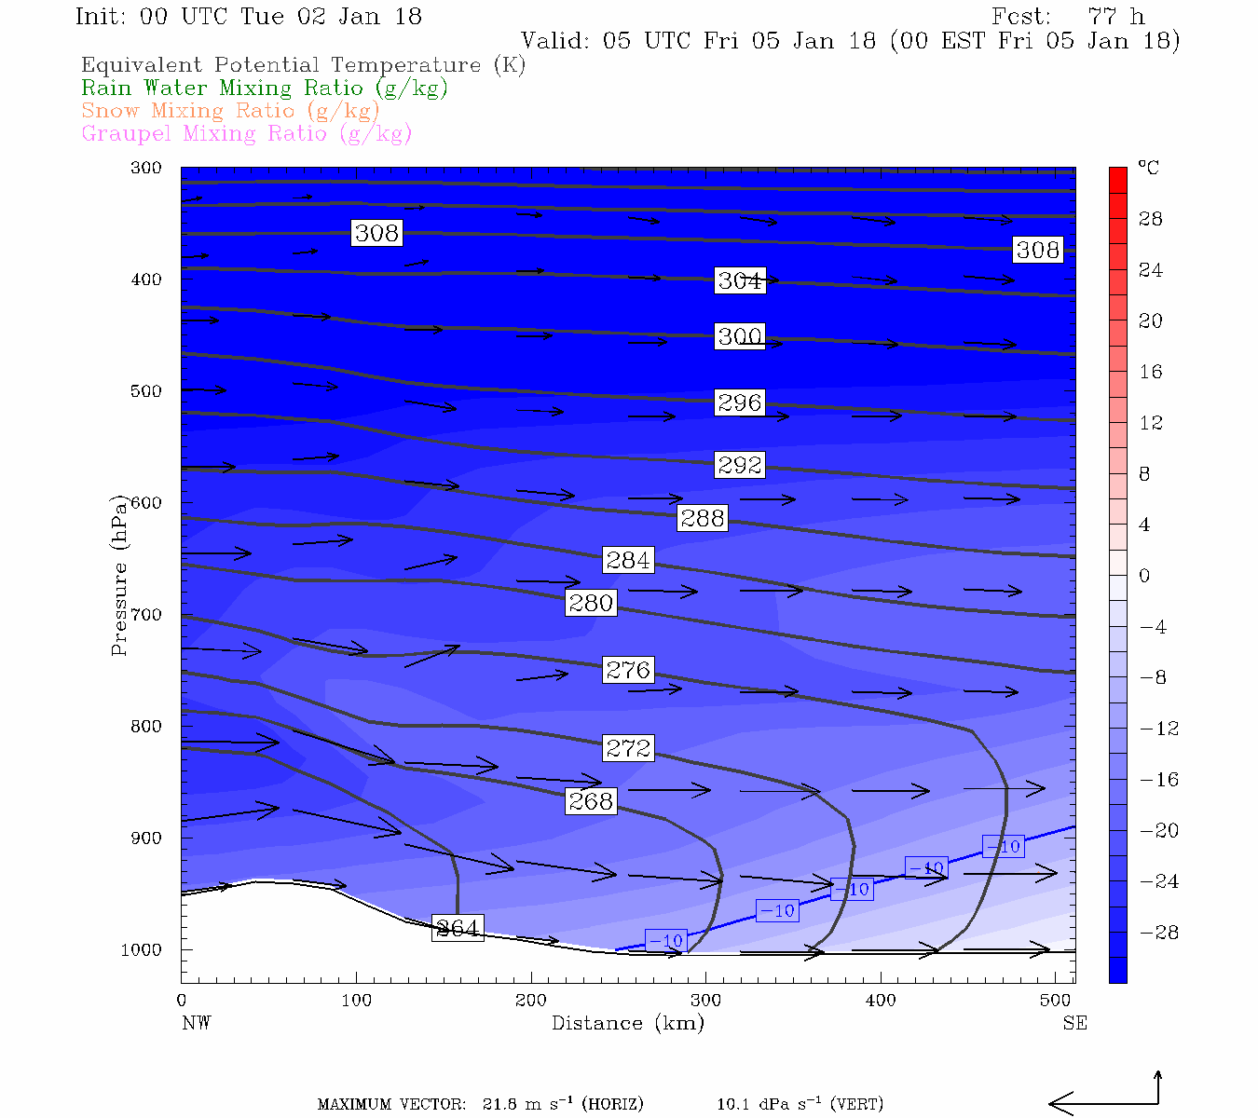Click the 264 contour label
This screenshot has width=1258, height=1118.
(458, 928)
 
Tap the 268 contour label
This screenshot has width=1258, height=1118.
(591, 801)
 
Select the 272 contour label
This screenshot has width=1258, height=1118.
(628, 748)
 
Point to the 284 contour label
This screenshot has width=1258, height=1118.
(628, 560)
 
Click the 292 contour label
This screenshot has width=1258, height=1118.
(740, 464)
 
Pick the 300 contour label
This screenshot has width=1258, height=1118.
(740, 336)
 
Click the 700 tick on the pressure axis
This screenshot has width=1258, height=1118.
(146, 615)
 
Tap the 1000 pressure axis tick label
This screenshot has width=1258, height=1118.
(141, 950)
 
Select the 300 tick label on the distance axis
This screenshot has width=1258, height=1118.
(705, 1001)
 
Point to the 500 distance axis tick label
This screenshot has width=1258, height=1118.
(1055, 1001)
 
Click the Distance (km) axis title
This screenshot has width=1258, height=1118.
(628, 1023)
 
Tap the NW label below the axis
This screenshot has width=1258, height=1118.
(196, 1023)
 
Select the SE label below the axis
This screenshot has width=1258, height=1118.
(1074, 1023)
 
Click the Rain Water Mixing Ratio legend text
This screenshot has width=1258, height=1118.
(265, 89)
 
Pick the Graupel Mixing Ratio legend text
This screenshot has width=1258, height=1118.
(246, 133)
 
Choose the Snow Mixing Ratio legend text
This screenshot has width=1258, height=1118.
(230, 111)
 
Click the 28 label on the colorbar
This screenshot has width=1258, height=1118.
(1151, 219)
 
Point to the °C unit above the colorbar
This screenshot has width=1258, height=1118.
(1148, 168)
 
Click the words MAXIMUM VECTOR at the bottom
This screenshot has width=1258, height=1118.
(391, 1105)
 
